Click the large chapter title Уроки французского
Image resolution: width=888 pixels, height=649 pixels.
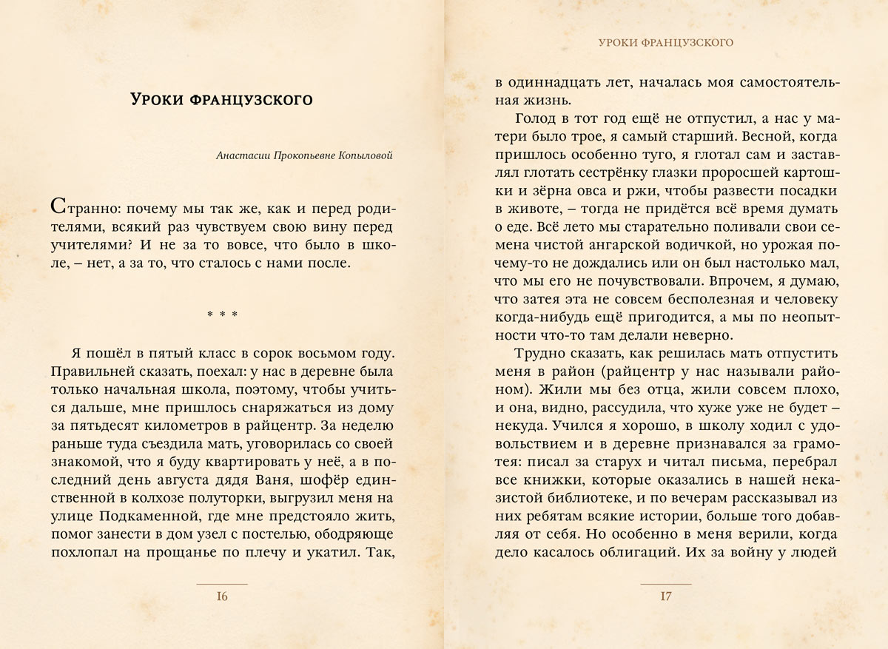[x=221, y=99]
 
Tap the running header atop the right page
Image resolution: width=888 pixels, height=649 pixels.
[x=666, y=43]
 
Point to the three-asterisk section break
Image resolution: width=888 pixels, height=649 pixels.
[x=222, y=315]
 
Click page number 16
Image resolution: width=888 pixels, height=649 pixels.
[x=222, y=598]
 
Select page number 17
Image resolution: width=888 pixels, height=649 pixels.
[x=666, y=598]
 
